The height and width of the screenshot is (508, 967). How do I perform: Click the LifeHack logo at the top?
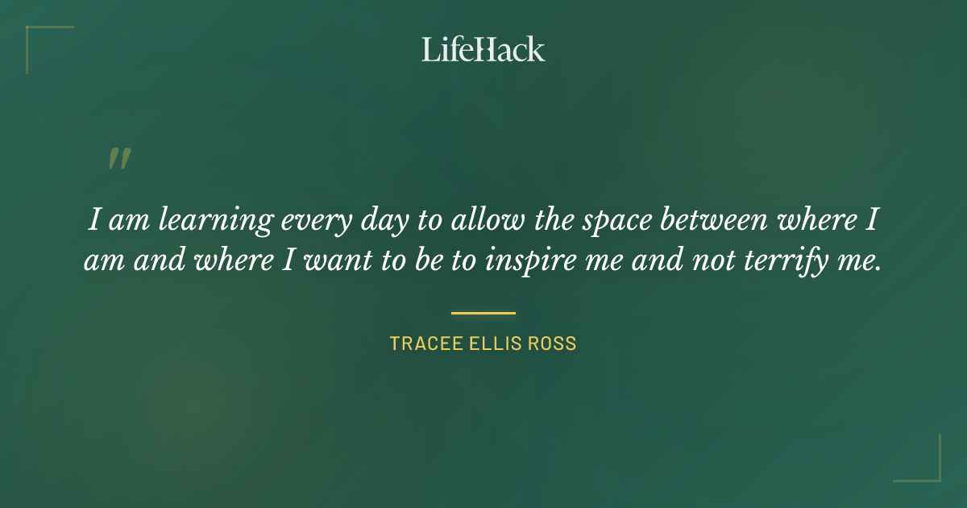coord(483,49)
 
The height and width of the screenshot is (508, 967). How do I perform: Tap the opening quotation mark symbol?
coord(118,159)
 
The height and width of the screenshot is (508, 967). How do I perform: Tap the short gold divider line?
coord(483,313)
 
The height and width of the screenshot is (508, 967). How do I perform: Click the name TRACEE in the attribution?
coord(421,344)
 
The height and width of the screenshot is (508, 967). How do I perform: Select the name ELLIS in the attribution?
coord(492,344)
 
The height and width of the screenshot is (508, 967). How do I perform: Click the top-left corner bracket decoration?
coord(32,32)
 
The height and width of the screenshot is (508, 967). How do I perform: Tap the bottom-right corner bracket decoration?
coord(935,476)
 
